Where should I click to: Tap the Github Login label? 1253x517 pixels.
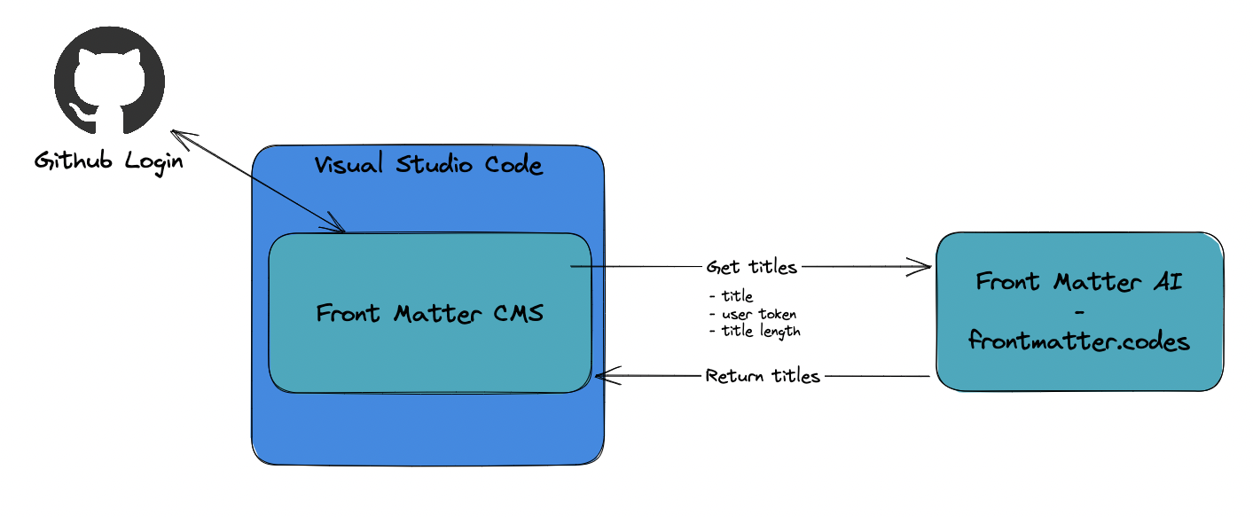click(x=109, y=161)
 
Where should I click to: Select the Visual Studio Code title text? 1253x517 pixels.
click(x=428, y=165)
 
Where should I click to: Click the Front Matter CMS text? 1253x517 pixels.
click(x=430, y=314)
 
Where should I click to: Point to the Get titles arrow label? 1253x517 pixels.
click(x=751, y=266)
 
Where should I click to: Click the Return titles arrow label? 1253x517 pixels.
click(x=763, y=376)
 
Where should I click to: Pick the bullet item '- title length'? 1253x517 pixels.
click(x=756, y=331)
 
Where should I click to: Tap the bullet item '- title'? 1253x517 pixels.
click(x=732, y=296)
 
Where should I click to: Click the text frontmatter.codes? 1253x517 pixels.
click(x=1079, y=341)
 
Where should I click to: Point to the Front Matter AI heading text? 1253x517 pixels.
click(x=1079, y=282)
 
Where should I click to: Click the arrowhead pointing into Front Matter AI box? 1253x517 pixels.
click(x=925, y=265)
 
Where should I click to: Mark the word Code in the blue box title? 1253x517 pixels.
click(x=514, y=165)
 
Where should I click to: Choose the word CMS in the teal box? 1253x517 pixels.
click(x=514, y=314)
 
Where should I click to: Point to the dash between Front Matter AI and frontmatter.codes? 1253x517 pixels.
click(x=1079, y=312)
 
